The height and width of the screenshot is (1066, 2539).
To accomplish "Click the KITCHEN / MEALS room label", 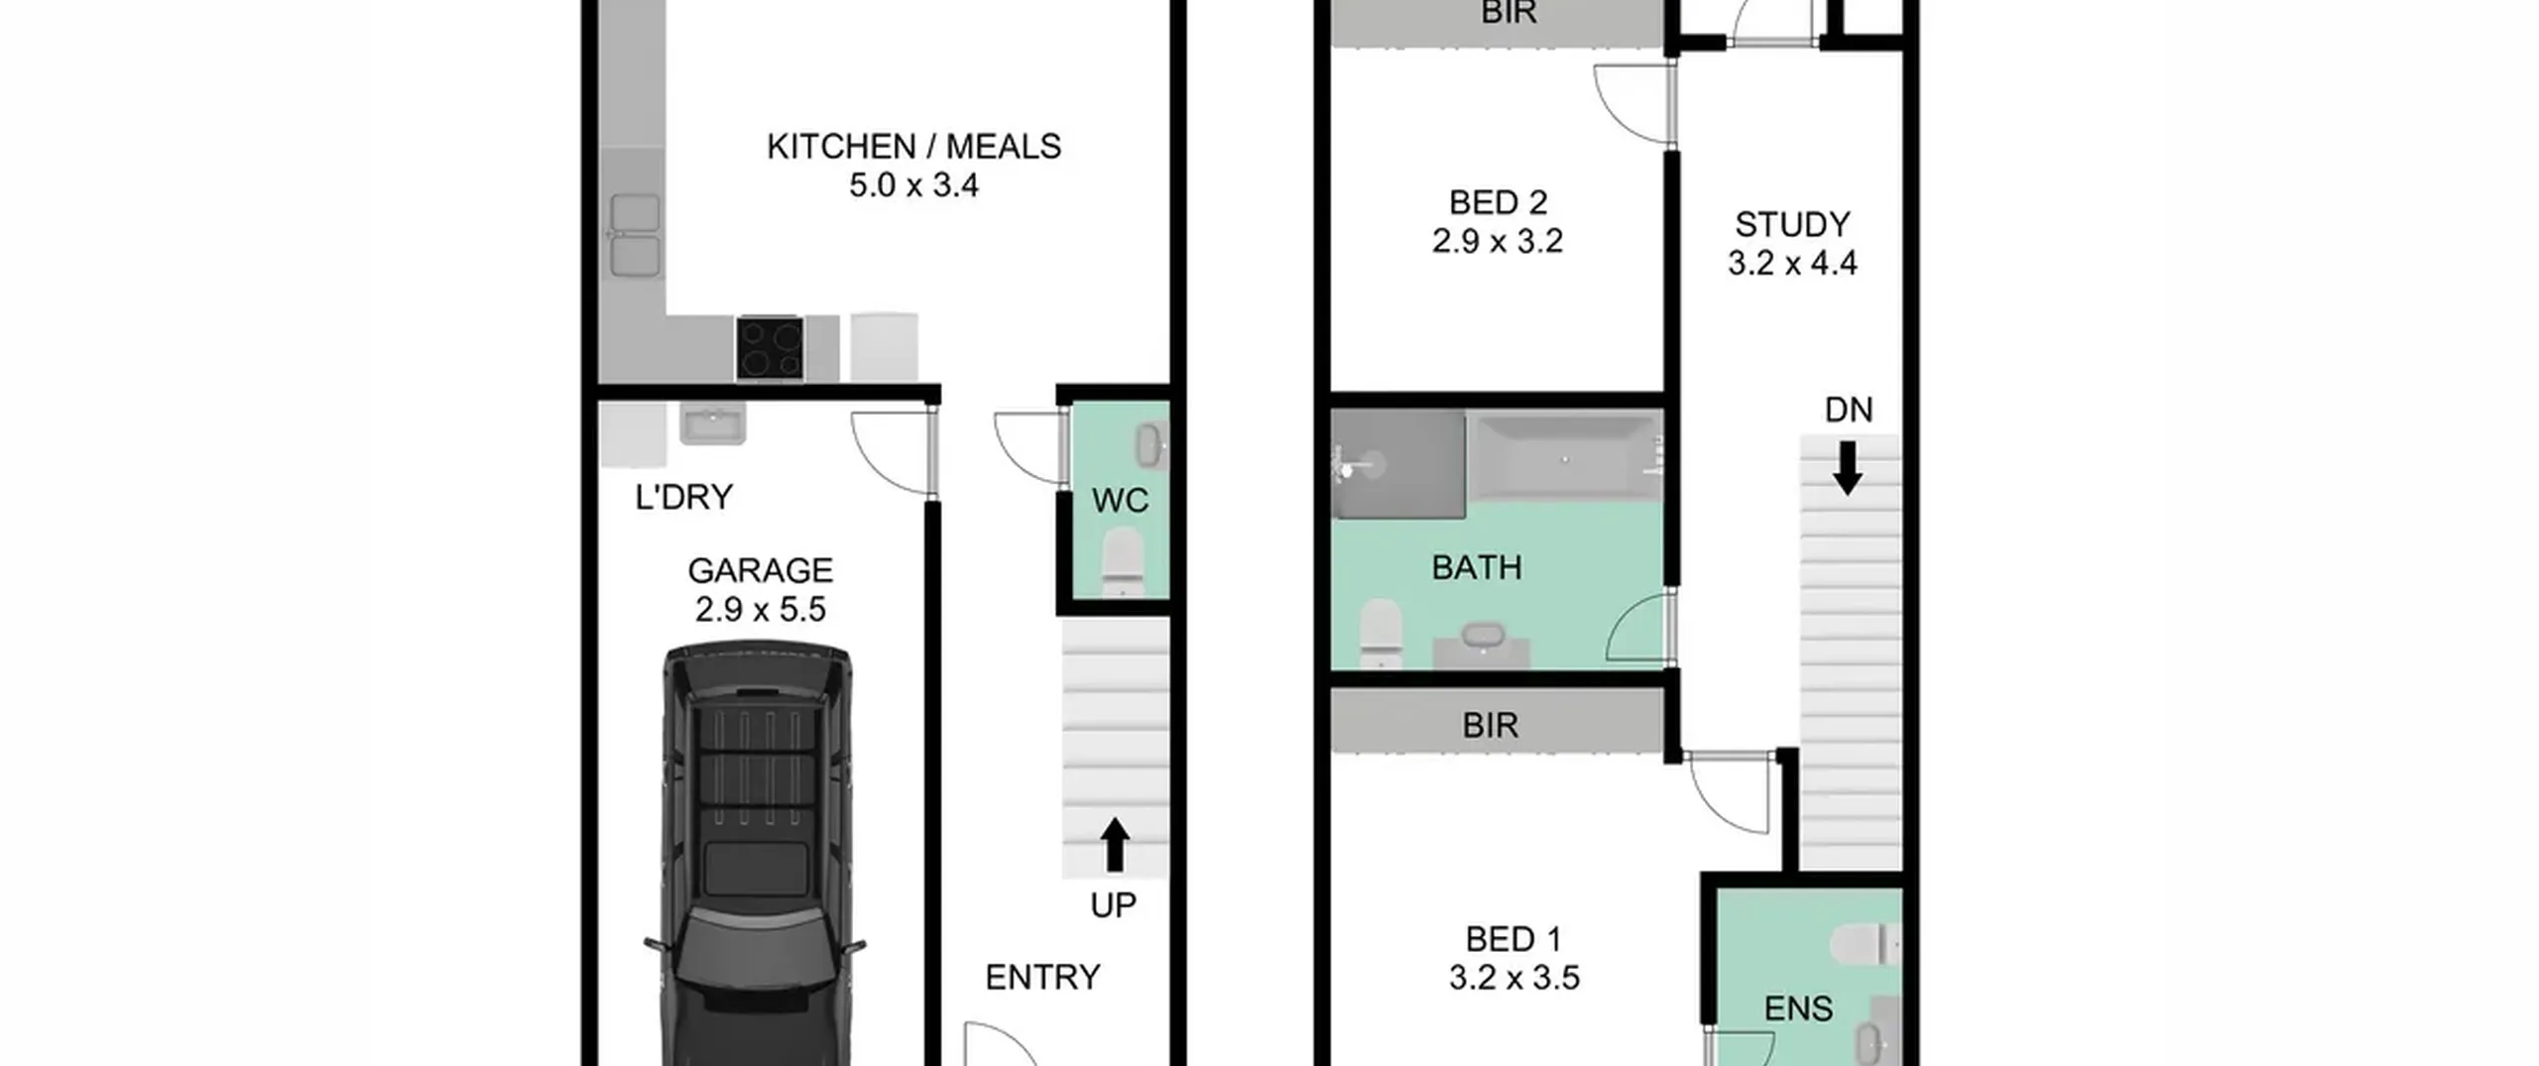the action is click(x=913, y=147).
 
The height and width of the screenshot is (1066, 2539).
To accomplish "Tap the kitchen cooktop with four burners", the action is click(x=770, y=348).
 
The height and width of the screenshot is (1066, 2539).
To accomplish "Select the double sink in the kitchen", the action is click(x=635, y=235).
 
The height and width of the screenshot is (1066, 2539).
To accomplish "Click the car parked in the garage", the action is click(x=756, y=853).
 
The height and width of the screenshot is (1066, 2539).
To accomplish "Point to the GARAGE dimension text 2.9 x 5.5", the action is click(x=760, y=609).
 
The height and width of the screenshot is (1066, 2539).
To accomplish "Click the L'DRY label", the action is click(x=684, y=497).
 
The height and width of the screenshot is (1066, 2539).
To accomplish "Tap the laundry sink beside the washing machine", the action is click(x=712, y=424).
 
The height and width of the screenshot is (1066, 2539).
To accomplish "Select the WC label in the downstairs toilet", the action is click(x=1120, y=501).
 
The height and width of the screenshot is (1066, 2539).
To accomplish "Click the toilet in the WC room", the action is click(x=1122, y=563).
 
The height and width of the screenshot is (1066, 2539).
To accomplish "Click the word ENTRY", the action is click(x=1042, y=978).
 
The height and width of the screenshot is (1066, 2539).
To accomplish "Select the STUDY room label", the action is click(x=1792, y=225).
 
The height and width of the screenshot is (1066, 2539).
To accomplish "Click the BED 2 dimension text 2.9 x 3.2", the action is click(x=1498, y=241).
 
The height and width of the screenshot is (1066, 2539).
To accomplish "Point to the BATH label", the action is click(x=1477, y=567).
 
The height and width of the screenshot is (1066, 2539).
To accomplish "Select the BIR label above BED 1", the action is click(x=1490, y=726).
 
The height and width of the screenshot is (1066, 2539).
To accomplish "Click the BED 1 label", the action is click(x=1513, y=939).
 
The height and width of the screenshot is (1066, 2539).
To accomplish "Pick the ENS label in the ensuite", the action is click(x=1798, y=1009).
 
